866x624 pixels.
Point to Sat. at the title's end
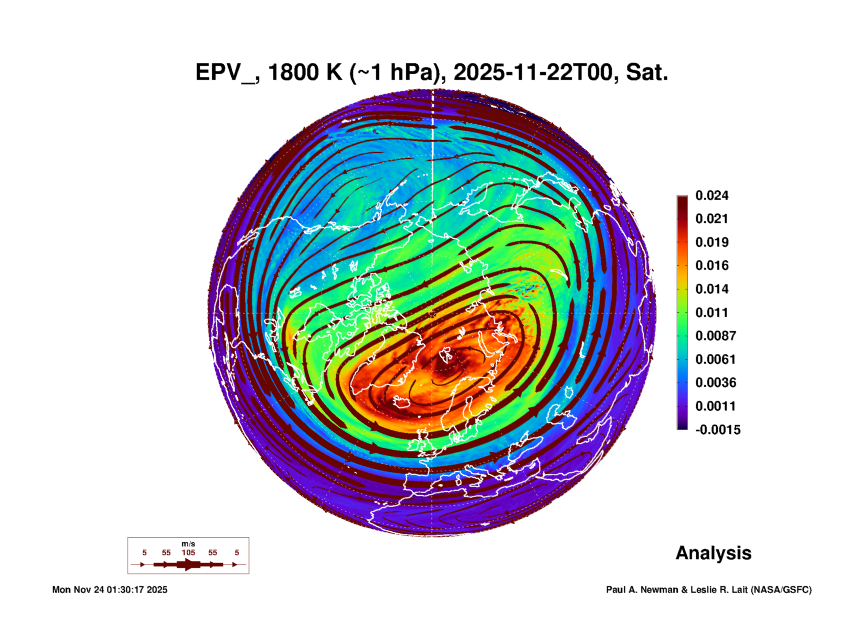(646, 73)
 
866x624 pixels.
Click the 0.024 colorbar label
(712, 195)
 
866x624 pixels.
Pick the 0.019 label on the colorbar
(712, 242)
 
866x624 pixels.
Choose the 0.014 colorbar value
(712, 289)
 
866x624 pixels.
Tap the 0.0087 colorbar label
(715, 336)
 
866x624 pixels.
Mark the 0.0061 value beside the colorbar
(715, 359)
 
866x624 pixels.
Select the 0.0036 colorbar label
(715, 383)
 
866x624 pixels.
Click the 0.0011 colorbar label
(715, 406)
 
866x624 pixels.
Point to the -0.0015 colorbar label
(718, 430)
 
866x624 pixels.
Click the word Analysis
(713, 553)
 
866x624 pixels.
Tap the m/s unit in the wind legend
(188, 544)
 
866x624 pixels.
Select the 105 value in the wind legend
(188, 552)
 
